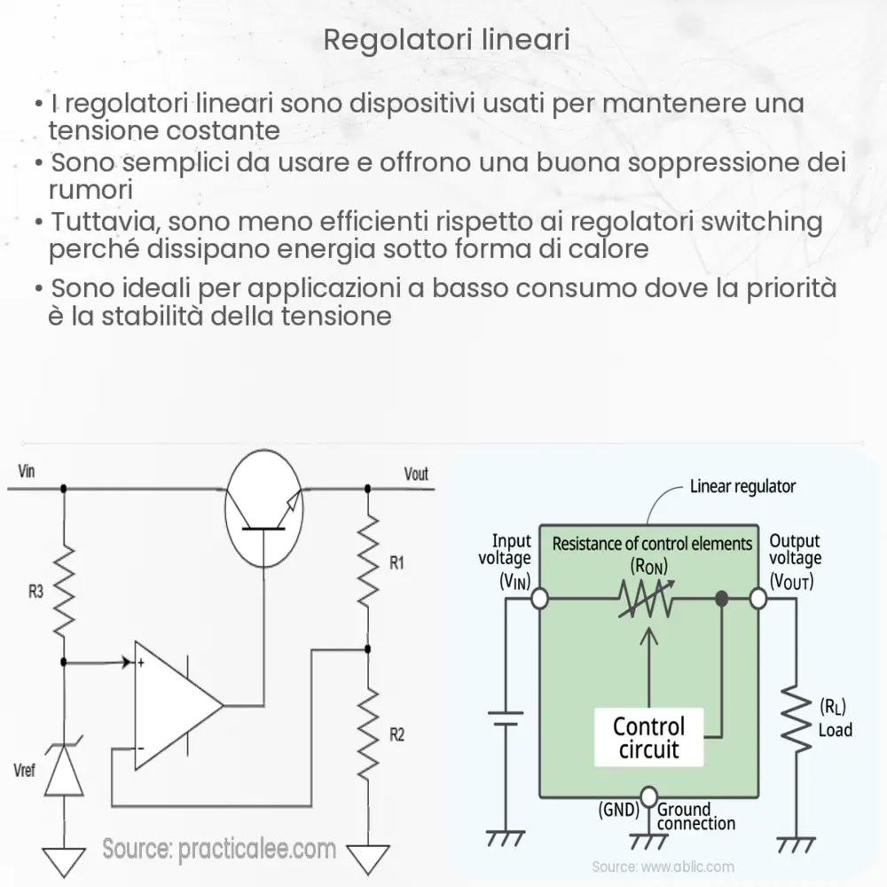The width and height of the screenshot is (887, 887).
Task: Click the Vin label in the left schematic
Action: click(x=27, y=470)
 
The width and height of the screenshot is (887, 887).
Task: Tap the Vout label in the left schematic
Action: click(x=415, y=475)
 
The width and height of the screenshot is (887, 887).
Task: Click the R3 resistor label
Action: click(x=35, y=592)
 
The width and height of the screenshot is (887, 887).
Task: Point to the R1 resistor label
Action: click(x=396, y=561)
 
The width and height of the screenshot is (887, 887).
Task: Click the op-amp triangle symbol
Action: click(x=173, y=705)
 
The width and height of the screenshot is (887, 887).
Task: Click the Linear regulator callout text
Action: click(x=742, y=486)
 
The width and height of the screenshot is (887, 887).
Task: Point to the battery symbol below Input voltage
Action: click(x=506, y=713)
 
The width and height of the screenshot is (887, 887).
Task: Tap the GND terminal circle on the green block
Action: click(x=649, y=795)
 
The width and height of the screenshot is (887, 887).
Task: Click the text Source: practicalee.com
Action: click(x=219, y=849)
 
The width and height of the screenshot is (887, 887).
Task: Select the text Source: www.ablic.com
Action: click(x=663, y=867)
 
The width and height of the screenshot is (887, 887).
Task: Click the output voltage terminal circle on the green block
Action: click(x=758, y=599)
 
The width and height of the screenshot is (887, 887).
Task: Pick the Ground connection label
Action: click(x=696, y=816)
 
